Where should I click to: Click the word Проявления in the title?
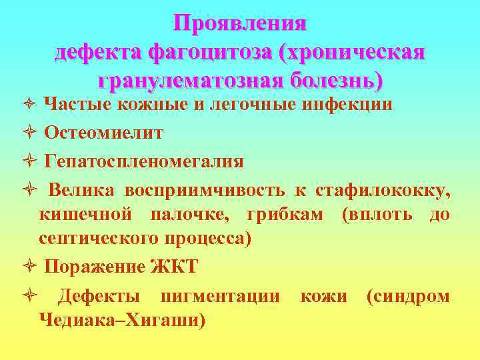pyautogui.click(x=240, y=23)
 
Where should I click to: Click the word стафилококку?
pyautogui.click(x=383, y=191)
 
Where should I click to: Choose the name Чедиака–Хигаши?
pyautogui.click(x=122, y=321)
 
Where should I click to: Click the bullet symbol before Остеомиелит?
pyautogui.click(x=32, y=133)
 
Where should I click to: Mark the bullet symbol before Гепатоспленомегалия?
pyautogui.click(x=32, y=161)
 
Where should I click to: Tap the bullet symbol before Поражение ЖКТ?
pyautogui.click(x=32, y=267)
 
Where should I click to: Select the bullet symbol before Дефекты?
pyautogui.click(x=32, y=296)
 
